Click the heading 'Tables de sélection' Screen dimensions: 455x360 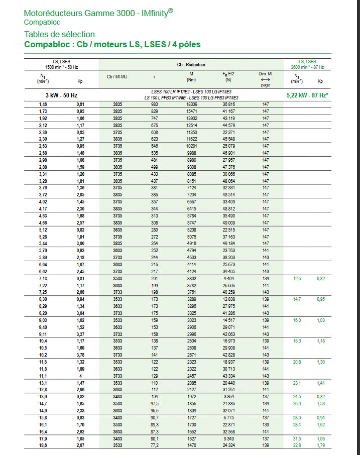(x=59, y=34)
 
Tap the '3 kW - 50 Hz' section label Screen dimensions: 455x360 (x=62, y=94)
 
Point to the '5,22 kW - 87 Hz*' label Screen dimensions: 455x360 (x=307, y=94)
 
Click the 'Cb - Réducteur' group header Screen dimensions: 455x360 (x=191, y=65)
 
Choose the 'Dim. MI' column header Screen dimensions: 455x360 (x=265, y=74)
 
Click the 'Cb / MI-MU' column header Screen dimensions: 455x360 (x=117, y=77)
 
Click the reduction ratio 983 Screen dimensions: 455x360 (x=154, y=104)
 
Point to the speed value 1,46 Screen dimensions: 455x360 (x=43, y=104)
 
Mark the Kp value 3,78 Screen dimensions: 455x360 (x=80, y=354)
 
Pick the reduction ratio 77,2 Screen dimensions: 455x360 (x=154, y=445)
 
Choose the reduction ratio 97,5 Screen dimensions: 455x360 (x=154, y=403)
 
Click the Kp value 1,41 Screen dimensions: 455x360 (x=320, y=383)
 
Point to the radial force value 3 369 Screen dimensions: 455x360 (x=228, y=396)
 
